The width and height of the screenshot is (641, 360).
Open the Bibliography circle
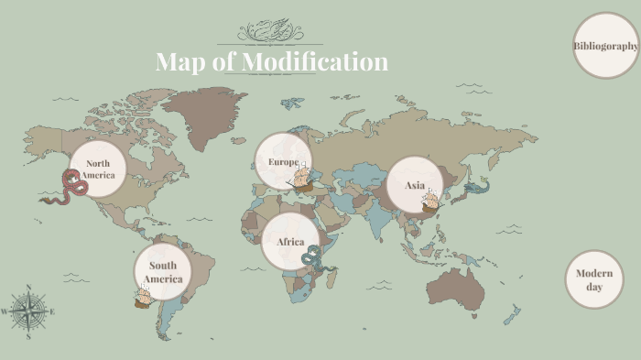[605, 46]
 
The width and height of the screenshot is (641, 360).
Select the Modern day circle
[593, 279]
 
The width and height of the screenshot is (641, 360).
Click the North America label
[98, 169]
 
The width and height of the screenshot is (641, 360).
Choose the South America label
[163, 272]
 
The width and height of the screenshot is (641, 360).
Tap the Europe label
[283, 162]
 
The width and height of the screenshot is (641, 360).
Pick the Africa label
[290, 242]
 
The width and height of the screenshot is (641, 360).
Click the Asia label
[415, 185]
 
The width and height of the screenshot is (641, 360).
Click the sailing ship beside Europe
[303, 181]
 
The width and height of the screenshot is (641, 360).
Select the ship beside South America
[143, 295]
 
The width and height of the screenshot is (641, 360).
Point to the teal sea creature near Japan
[476, 188]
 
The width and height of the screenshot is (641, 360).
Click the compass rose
[29, 311]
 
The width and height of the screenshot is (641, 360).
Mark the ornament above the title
[270, 32]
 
